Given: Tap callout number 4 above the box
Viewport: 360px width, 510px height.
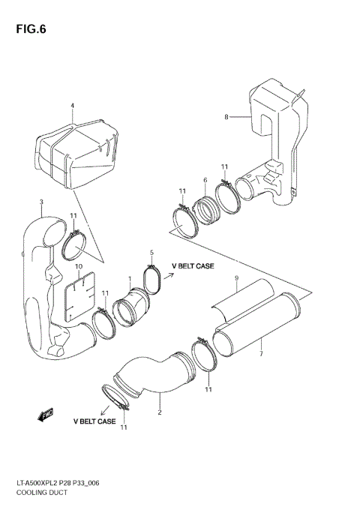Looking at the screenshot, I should point(73,106).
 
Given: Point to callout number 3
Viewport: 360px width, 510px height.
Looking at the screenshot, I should point(41,202).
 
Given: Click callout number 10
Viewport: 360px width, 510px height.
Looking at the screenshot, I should point(78,266).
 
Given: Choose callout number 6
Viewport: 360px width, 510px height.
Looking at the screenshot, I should point(205,180).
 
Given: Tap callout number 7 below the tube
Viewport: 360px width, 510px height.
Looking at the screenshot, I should point(260,352).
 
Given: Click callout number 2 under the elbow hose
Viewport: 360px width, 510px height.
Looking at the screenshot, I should point(160,412).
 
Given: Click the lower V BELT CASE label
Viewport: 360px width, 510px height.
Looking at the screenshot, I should point(94,421).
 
